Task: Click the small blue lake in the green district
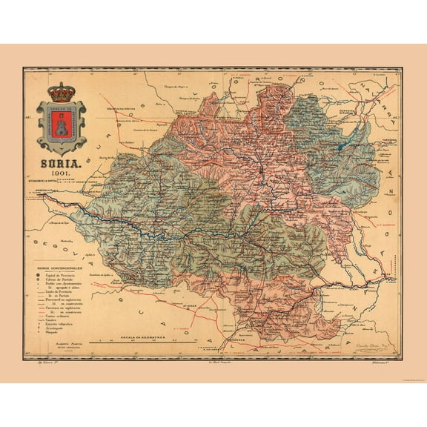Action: point(339,148)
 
